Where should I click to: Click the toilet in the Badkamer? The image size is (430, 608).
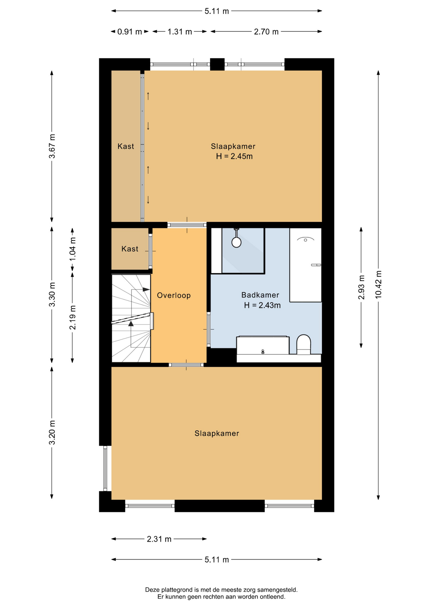click(x=303, y=345)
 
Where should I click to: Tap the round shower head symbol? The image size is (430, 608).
click(x=236, y=242)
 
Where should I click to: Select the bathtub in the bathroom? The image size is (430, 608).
click(x=306, y=265)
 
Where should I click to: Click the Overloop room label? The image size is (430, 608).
click(x=174, y=295)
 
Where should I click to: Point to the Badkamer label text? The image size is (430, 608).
click(x=260, y=295)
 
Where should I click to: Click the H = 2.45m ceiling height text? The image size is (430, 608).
click(x=234, y=156)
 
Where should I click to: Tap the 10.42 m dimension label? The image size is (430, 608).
click(x=378, y=285)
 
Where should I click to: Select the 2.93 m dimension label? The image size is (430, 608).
click(x=361, y=287)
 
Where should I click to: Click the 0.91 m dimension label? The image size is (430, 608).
click(x=130, y=32)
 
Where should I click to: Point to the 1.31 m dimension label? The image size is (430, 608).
click(x=180, y=32)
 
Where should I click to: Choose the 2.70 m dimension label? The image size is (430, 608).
click(x=266, y=32)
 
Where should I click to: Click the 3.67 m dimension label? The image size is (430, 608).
click(x=52, y=146)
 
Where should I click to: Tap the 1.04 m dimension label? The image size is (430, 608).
click(x=73, y=249)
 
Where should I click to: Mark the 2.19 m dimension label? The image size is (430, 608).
click(x=73, y=317)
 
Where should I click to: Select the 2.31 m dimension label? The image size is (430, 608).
click(x=159, y=539)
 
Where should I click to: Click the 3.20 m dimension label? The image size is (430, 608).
click(x=52, y=433)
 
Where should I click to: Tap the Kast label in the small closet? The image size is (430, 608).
click(x=130, y=249)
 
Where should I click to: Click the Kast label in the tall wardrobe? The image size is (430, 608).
click(x=126, y=146)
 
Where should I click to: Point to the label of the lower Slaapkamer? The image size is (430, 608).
click(x=217, y=434)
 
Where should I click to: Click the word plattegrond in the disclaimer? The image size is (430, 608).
click(x=178, y=590)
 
